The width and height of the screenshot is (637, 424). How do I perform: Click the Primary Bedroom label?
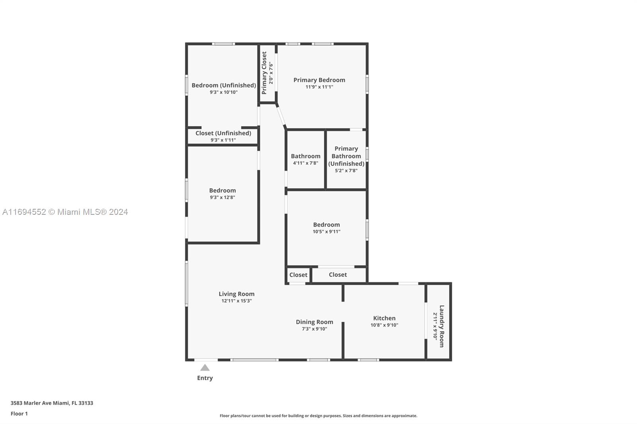pyautogui.click(x=319, y=80)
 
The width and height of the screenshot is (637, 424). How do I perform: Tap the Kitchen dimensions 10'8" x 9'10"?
pyautogui.click(x=384, y=325)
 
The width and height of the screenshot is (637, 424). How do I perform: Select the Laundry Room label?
pyautogui.click(x=442, y=326)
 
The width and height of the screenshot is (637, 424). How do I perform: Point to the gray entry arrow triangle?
pyautogui.click(x=205, y=368)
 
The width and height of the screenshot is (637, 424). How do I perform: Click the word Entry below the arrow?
pyautogui.click(x=205, y=378)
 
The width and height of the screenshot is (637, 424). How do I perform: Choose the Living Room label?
pyautogui.click(x=236, y=294)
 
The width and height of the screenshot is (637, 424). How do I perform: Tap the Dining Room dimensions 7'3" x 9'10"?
pyautogui.click(x=314, y=329)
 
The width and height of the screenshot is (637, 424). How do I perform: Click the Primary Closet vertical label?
pyautogui.click(x=264, y=73)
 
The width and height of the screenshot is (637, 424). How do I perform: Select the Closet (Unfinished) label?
pyautogui.click(x=223, y=133)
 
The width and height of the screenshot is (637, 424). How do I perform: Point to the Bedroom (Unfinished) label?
pyautogui.click(x=224, y=85)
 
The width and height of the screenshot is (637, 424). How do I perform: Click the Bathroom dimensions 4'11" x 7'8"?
pyautogui.click(x=305, y=163)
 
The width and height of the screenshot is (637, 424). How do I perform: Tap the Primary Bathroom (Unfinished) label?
pyautogui.click(x=346, y=156)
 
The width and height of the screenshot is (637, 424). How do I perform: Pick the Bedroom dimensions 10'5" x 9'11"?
pyautogui.click(x=326, y=231)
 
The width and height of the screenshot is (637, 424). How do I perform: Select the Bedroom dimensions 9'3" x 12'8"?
pyautogui.click(x=223, y=198)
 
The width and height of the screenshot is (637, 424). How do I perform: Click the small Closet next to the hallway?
pyautogui.click(x=298, y=275)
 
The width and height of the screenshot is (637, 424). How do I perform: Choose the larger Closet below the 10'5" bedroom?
pyautogui.click(x=338, y=274)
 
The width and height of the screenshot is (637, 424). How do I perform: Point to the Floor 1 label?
pyautogui.click(x=19, y=414)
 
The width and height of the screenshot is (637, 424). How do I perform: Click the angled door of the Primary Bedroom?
pyautogui.click(x=281, y=116)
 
